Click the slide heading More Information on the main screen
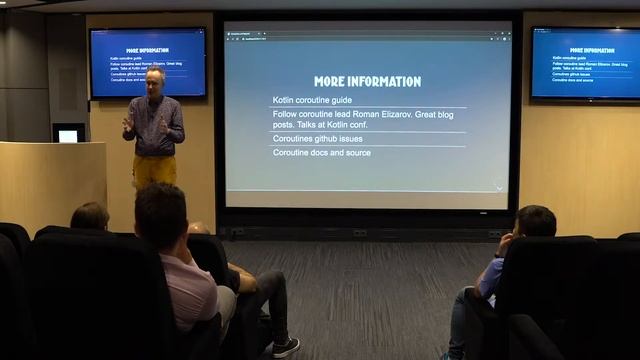coord(367,81)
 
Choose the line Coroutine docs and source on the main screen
coord(322,153)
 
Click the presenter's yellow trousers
coord(155,169)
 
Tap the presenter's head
coord(154,79)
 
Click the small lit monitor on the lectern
coord(68,135)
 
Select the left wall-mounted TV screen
coord(147,62)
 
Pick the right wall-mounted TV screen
coord(585,63)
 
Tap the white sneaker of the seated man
coord(286,346)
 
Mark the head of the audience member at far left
coord(90,216)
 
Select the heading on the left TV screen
coord(147,48)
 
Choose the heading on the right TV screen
coord(585,50)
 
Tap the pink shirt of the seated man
coord(190,290)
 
